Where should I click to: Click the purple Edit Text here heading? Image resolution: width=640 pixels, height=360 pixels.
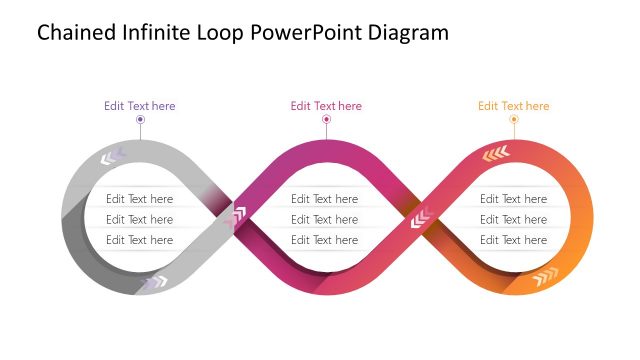(140, 106)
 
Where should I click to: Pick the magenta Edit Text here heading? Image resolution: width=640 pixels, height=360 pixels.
(326, 106)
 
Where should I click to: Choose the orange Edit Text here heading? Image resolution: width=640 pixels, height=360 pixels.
(513, 106)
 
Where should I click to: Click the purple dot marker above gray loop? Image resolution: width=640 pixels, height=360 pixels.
(140, 120)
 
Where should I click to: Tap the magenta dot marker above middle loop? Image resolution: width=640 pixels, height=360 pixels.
(326, 120)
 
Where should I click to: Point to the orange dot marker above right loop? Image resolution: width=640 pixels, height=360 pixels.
(514, 120)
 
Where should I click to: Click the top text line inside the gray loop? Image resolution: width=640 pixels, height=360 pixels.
(140, 199)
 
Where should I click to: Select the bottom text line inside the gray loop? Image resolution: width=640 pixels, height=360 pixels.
(140, 240)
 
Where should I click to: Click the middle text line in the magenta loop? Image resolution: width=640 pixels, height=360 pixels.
(324, 219)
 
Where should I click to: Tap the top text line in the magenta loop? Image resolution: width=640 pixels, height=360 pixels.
(324, 199)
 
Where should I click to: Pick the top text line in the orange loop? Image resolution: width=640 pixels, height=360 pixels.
(513, 199)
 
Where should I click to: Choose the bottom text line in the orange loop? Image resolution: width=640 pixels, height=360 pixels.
(513, 240)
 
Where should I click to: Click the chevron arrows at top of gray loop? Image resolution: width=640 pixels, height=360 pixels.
(112, 156)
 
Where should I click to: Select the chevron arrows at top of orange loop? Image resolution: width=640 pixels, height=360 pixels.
(496, 153)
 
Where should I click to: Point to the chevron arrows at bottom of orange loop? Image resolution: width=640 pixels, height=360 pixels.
(545, 275)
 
